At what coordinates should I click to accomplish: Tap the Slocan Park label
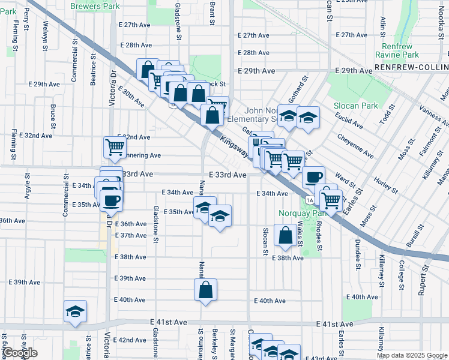pos(356,106)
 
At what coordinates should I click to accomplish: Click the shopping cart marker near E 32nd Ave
pos(114,146)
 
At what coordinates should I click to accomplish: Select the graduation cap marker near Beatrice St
pos(76,311)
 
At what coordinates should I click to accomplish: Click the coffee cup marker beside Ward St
pos(313,177)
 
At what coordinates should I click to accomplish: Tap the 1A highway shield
pos(309,200)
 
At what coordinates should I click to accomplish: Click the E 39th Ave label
pos(130,279)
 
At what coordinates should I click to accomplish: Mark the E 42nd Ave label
pos(130,340)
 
